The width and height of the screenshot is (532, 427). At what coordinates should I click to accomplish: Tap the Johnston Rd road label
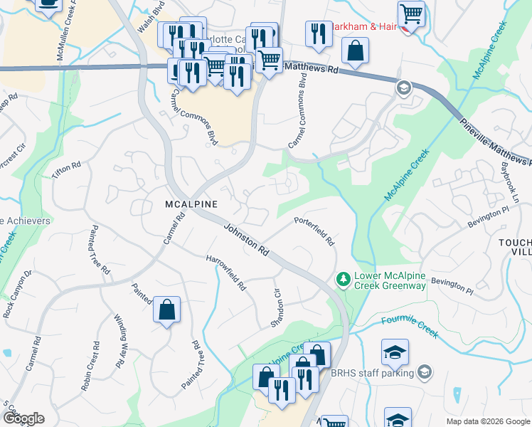click(x=246, y=241)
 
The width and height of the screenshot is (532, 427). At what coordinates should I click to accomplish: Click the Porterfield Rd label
click(x=314, y=231)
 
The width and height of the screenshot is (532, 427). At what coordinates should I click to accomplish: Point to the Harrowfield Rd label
click(x=226, y=273)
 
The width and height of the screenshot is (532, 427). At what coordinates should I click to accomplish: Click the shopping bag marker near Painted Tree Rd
click(x=166, y=310)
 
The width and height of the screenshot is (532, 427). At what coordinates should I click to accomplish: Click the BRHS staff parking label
click(x=372, y=373)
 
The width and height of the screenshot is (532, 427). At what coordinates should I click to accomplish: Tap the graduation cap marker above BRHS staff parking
click(x=395, y=352)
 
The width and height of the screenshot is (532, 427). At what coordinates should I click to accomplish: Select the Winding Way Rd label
click(x=120, y=339)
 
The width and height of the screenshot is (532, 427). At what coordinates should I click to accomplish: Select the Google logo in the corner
click(x=23, y=418)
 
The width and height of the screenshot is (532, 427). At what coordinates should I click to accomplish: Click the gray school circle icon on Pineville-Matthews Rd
click(x=403, y=88)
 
